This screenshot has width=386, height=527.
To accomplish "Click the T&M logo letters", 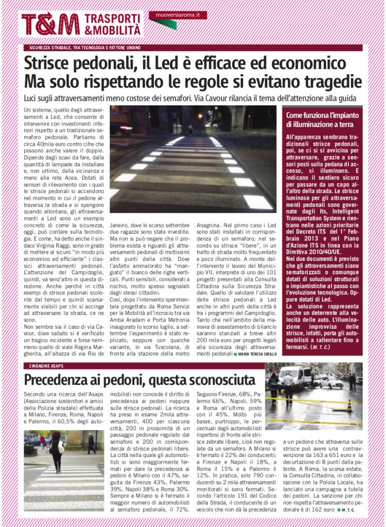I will point(50,24).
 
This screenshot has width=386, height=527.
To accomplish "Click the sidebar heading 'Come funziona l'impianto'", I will point(322,115).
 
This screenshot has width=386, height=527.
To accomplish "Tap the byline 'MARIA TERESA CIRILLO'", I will point(256,355).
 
